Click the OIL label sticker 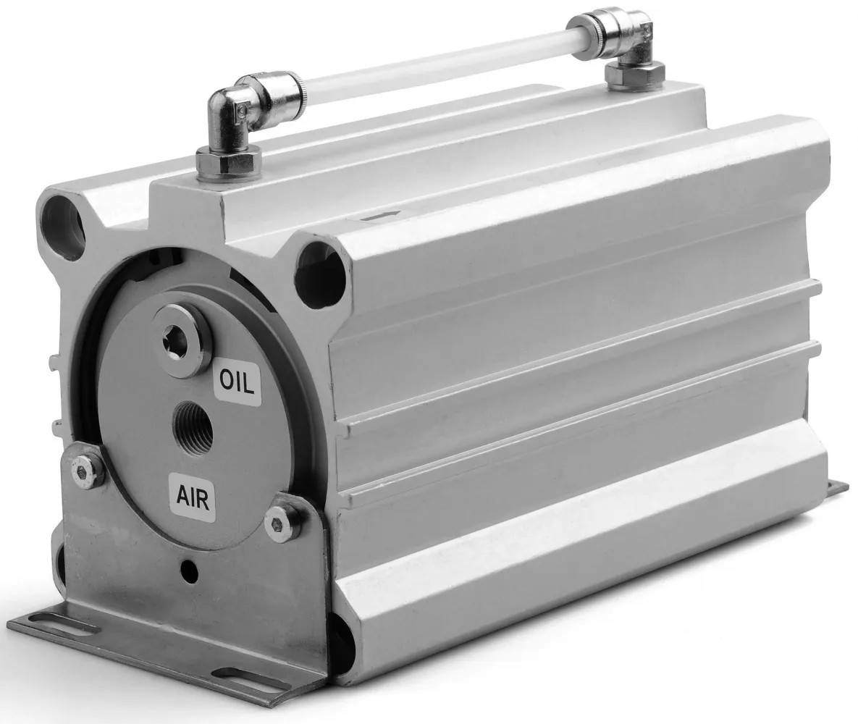tap(237, 383)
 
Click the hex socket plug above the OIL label tap(183, 342)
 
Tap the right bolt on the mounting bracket tap(283, 518)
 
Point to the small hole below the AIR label tap(189, 566)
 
